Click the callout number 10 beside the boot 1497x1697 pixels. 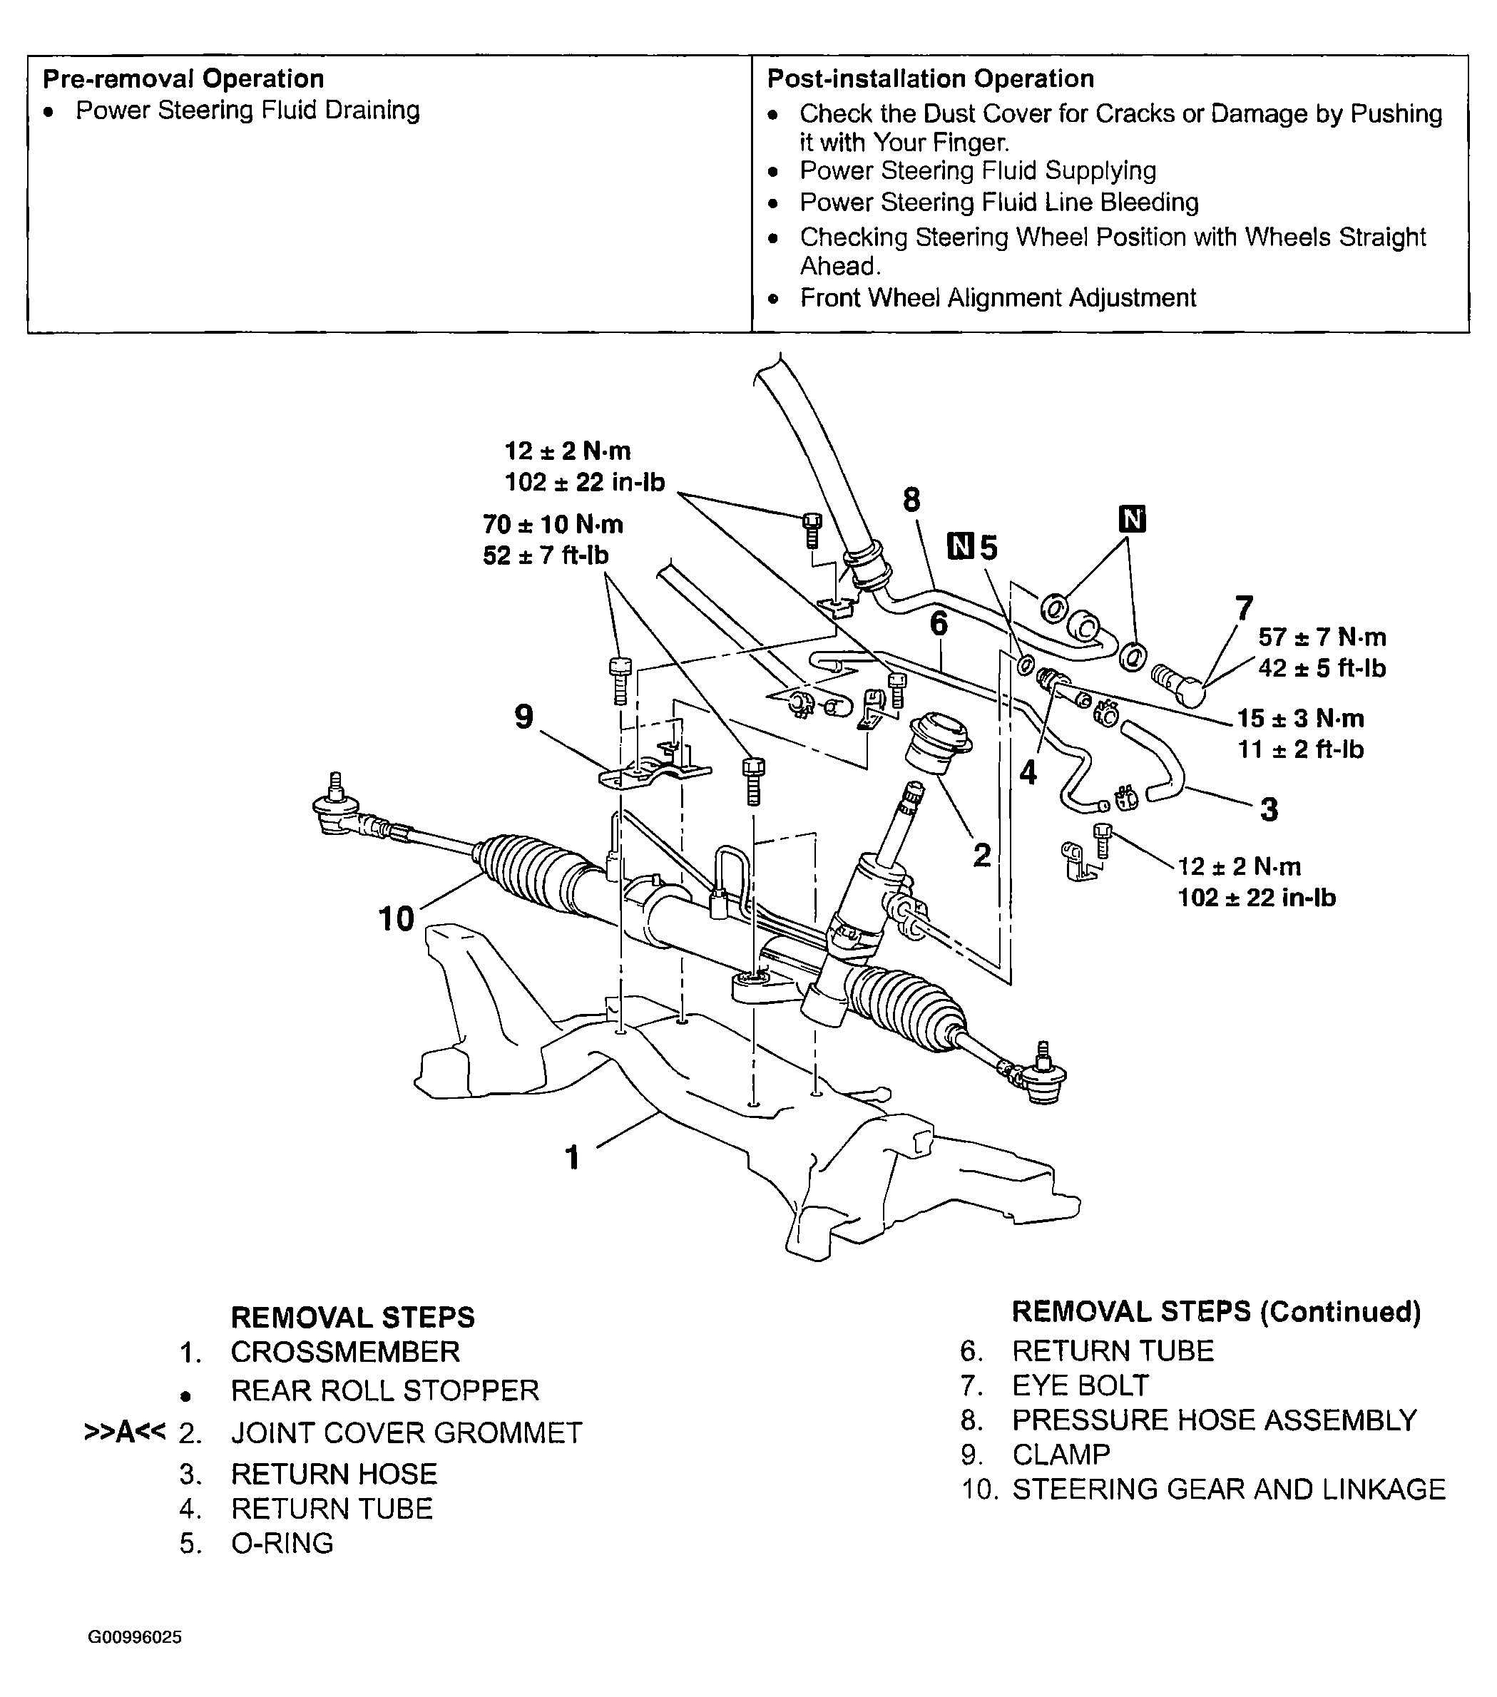click(x=395, y=919)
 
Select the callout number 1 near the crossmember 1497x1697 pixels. click(x=572, y=1157)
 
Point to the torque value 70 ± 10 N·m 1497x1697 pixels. click(x=552, y=525)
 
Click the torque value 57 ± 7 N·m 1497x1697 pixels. click(x=1322, y=637)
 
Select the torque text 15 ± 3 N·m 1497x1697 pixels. click(x=1300, y=719)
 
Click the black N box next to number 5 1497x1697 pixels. click(x=961, y=547)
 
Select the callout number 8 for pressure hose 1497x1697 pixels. click(x=911, y=500)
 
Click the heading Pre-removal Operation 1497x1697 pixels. click(x=183, y=79)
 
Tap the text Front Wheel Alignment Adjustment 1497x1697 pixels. click(x=997, y=298)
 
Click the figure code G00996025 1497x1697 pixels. click(x=135, y=1638)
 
